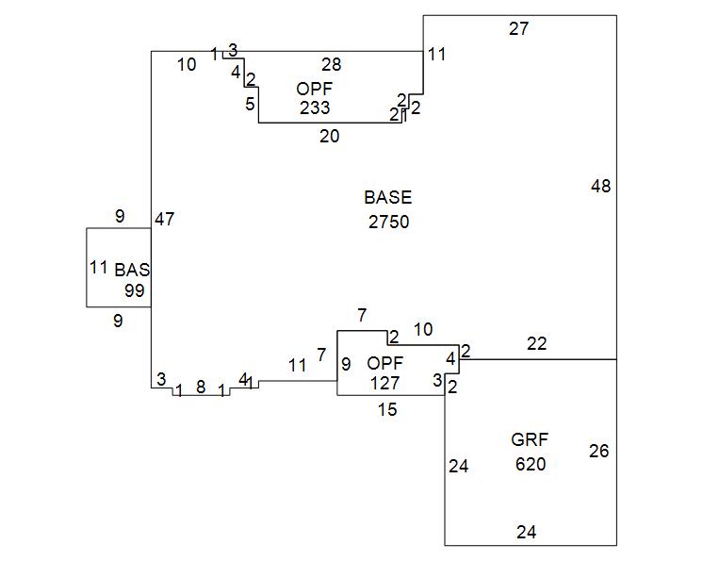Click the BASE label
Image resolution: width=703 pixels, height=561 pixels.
click(x=388, y=197)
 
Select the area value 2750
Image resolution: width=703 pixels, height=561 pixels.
click(x=388, y=222)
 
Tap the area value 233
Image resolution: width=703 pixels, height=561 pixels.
click(x=315, y=107)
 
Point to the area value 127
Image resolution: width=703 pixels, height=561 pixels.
click(x=384, y=383)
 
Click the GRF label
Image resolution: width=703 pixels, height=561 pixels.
click(x=530, y=439)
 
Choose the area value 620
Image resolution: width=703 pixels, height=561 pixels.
click(x=531, y=464)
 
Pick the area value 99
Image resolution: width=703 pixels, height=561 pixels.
click(x=135, y=290)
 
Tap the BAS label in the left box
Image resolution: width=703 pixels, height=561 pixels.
click(x=132, y=270)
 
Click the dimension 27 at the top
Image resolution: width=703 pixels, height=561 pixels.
click(x=519, y=28)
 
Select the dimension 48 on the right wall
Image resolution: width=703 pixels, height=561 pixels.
click(x=600, y=186)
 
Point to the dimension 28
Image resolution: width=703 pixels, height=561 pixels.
click(x=331, y=64)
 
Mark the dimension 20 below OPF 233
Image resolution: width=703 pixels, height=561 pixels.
click(x=329, y=136)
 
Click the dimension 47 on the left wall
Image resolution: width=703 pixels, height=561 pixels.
click(x=165, y=219)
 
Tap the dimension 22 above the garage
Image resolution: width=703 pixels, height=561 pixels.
click(x=536, y=344)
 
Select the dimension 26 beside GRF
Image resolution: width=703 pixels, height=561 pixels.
click(x=599, y=451)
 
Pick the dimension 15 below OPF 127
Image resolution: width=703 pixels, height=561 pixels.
click(x=387, y=409)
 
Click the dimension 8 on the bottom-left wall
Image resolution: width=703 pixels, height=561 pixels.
click(x=201, y=387)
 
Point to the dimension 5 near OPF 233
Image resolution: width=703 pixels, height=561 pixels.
click(x=250, y=104)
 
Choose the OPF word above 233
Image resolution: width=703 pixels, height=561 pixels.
click(x=315, y=88)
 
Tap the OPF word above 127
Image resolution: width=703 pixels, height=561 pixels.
click(x=384, y=363)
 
